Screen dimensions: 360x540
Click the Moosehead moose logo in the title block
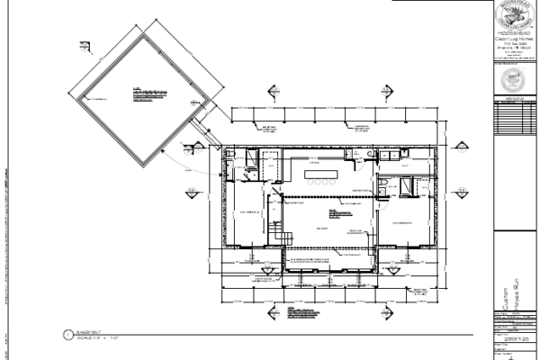pyautogui.click(x=516, y=15)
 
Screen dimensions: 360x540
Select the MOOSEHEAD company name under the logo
pyautogui.click(x=515, y=33)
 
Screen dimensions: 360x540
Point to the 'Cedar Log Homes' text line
pyautogui.click(x=515, y=40)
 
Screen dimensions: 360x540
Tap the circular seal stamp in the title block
pyautogui.click(x=516, y=80)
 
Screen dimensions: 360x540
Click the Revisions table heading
pyautogui.click(x=515, y=99)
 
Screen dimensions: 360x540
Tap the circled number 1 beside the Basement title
pyautogui.click(x=67, y=336)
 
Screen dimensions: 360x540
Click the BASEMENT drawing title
pyautogui.click(x=86, y=333)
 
